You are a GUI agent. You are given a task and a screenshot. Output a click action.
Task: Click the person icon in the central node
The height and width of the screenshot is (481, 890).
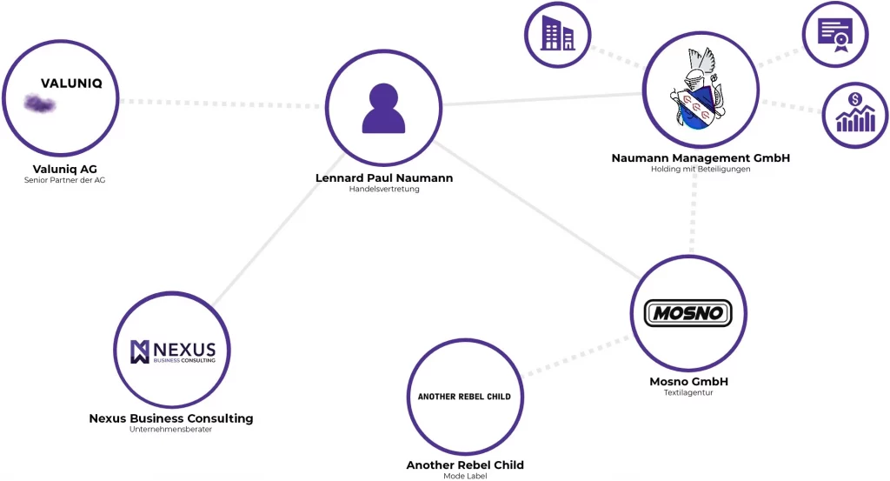(383, 109)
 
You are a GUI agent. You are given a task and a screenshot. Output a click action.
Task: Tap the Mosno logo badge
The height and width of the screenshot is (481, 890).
(688, 313)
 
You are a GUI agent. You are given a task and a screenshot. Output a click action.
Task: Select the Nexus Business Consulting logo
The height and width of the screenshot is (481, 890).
(173, 351)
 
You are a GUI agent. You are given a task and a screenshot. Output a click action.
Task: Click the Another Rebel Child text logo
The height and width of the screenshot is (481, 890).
(464, 397)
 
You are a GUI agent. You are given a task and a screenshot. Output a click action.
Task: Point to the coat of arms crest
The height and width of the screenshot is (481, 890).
(699, 90)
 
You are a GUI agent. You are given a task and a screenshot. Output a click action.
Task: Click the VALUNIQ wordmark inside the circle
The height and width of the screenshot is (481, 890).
(71, 84)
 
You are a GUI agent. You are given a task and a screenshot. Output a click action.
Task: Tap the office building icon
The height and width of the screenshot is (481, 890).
(557, 34)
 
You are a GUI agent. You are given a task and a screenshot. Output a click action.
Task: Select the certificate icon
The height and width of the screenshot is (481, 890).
(835, 34)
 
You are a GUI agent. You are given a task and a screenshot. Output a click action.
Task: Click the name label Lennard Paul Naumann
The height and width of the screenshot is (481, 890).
(384, 177)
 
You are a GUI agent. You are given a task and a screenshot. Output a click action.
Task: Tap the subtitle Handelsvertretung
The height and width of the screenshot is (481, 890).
(384, 189)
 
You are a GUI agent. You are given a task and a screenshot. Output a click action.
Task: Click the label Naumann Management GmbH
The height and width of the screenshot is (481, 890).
(701, 158)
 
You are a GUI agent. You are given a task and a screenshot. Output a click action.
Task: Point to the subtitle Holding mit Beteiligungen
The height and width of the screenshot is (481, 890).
(701, 170)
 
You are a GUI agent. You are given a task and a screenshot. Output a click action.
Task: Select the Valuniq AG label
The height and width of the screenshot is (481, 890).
(64, 170)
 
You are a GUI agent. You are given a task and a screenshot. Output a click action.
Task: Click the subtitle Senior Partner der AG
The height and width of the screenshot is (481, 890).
(64, 180)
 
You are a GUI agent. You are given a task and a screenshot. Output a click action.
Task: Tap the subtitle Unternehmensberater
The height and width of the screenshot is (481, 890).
(171, 430)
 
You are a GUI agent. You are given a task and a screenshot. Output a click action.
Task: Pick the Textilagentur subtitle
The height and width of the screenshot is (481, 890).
(688, 392)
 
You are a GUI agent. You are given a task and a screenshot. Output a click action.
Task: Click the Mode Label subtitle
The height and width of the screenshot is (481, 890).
(465, 476)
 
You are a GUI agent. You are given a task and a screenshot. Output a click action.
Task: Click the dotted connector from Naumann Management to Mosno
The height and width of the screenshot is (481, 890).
(693, 212)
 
